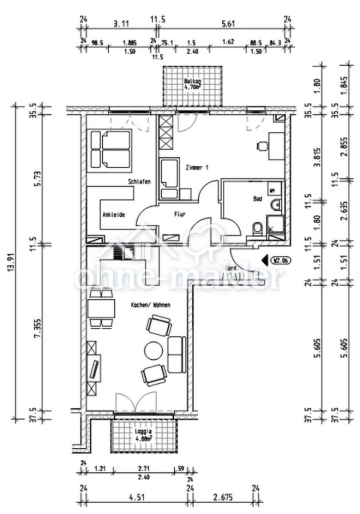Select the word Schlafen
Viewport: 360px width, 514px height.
click(x=139, y=182)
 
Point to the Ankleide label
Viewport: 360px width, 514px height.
click(x=114, y=215)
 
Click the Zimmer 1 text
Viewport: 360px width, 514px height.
click(x=197, y=167)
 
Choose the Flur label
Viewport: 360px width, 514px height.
click(x=181, y=215)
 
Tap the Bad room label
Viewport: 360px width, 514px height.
click(x=257, y=199)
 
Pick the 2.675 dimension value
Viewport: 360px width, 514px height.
click(x=223, y=498)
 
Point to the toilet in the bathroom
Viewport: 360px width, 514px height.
click(x=258, y=229)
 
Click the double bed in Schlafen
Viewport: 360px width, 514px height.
click(x=110, y=150)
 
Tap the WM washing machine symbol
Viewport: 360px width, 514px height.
click(x=273, y=189)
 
